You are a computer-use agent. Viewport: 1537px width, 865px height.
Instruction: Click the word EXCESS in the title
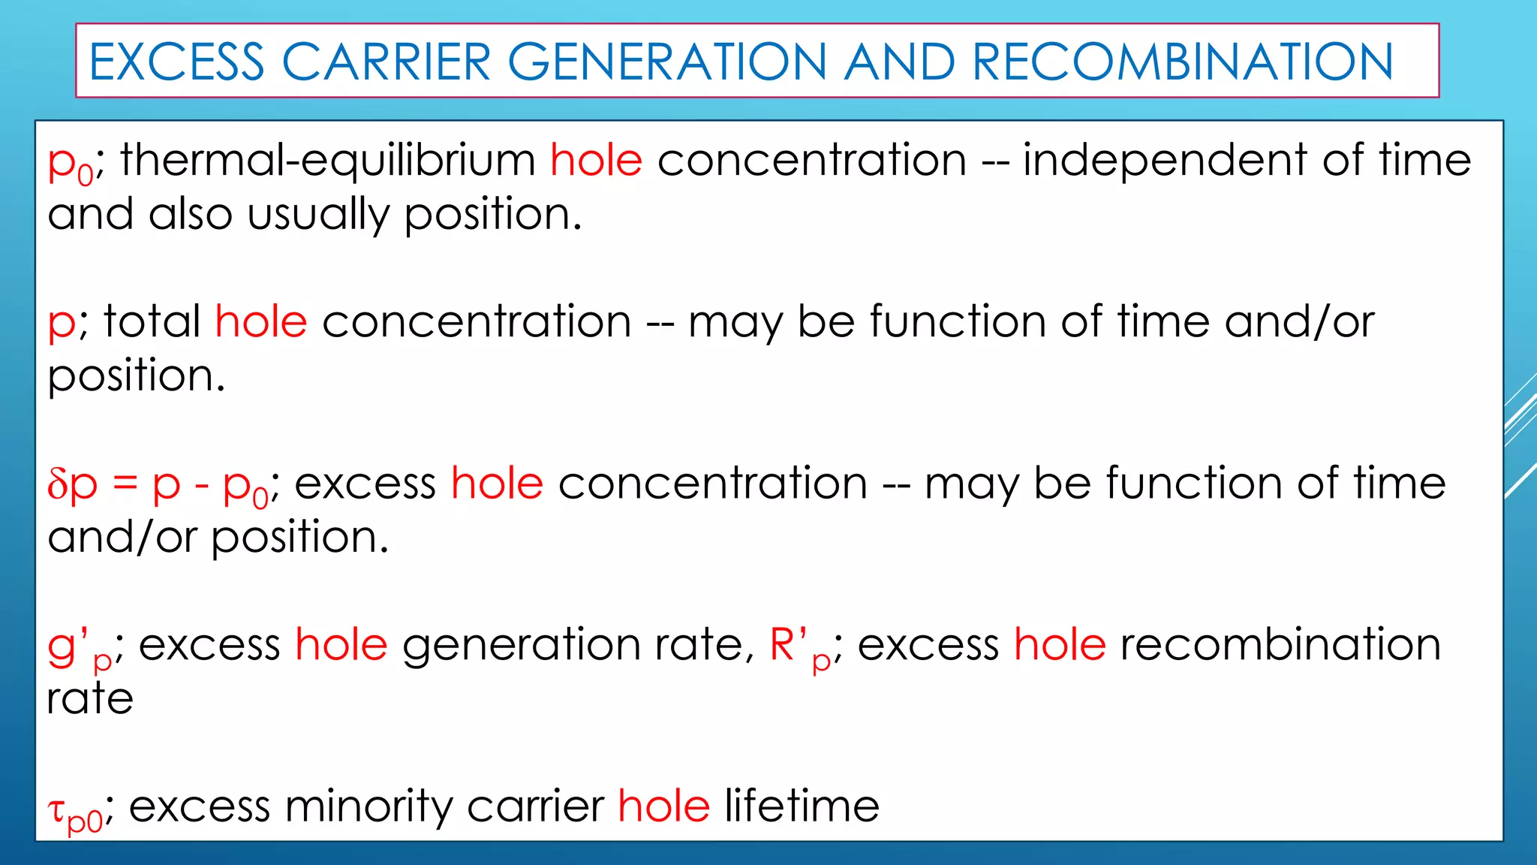[177, 62]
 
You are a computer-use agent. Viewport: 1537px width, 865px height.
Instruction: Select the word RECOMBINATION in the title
[1183, 62]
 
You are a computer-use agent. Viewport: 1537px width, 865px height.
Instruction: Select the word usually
[319, 215]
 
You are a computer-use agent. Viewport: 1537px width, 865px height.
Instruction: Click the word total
[152, 322]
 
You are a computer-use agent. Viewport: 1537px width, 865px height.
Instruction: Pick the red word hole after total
[261, 322]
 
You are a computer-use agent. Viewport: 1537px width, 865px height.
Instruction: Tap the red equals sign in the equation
[125, 485]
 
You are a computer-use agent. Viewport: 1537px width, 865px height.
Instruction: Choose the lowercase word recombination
[1280, 646]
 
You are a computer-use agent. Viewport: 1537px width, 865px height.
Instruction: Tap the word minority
[368, 807]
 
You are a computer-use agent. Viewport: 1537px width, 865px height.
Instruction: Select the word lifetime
[802, 807]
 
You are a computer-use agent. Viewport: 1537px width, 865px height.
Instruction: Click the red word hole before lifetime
[664, 807]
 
